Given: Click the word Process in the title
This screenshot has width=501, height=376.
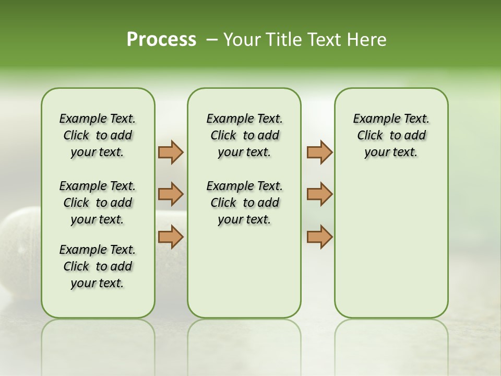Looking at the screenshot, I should point(161,40).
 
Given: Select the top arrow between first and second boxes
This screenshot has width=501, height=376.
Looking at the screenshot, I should point(171,152).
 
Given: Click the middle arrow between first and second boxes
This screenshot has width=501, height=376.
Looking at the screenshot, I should point(171,194).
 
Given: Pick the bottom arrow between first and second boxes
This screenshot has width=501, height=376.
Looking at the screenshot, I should point(171,237).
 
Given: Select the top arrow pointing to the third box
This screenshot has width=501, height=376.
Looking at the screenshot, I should point(319,152).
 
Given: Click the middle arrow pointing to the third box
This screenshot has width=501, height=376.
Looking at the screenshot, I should point(319,194).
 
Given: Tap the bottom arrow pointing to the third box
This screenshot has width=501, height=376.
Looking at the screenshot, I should point(319,237).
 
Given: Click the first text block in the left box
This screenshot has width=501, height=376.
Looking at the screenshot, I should point(98,135).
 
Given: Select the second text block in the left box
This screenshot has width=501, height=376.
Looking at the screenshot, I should point(98,203).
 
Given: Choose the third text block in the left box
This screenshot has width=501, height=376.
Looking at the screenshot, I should point(98,266).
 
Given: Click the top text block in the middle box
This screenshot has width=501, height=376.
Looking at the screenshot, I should point(244,135).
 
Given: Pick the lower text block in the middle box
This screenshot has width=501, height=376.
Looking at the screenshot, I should point(244,203).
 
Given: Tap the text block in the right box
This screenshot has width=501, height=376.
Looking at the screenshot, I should point(391,135).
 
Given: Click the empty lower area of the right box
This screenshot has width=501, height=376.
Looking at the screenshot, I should point(391,245).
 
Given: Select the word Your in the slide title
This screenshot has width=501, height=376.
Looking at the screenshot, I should point(242,40).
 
